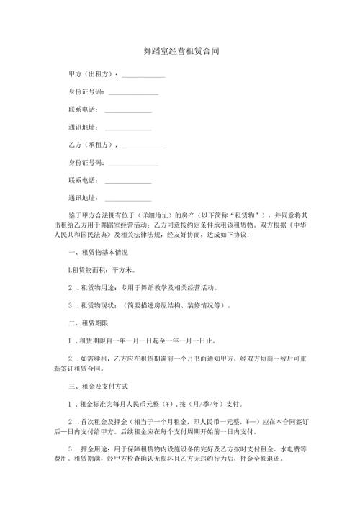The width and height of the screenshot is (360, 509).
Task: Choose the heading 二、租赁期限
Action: [x=87, y=323]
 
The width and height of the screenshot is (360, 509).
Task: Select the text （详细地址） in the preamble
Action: [x=156, y=215]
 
